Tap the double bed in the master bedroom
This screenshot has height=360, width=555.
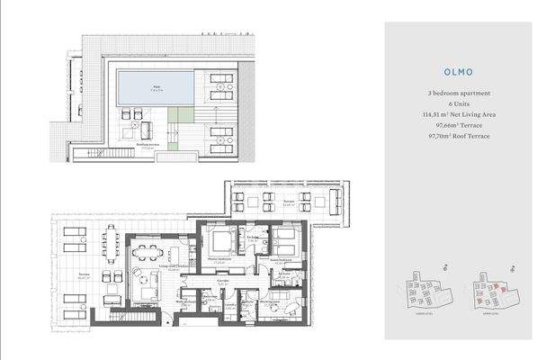tap(221, 241)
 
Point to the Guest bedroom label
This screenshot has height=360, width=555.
tap(278, 258)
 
